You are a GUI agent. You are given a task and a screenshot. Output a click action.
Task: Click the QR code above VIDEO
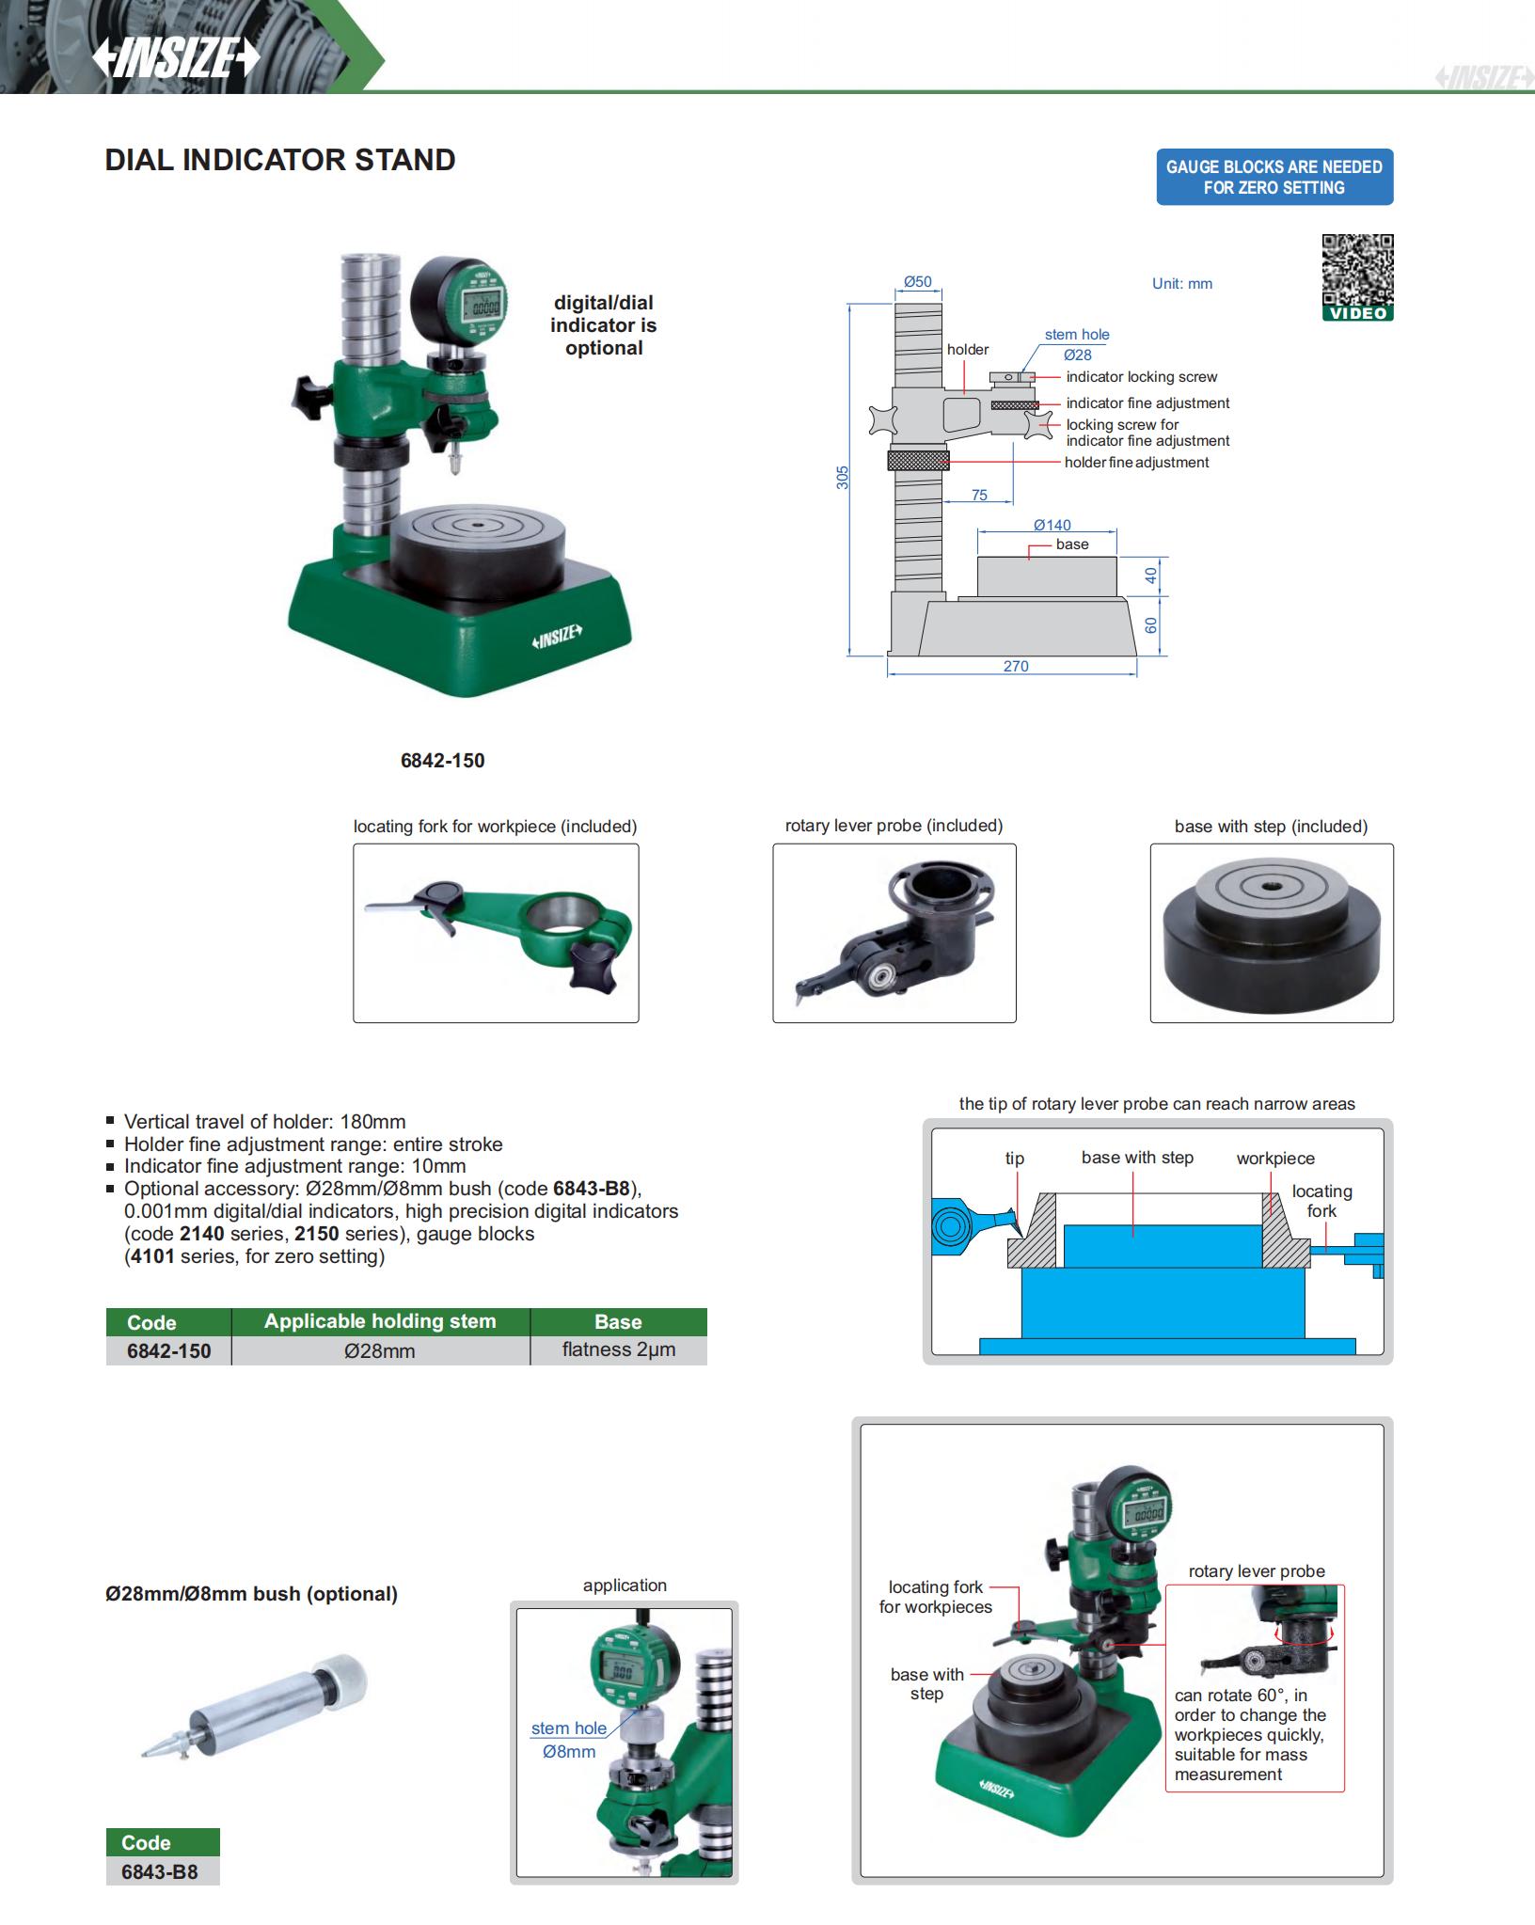pyautogui.click(x=1357, y=269)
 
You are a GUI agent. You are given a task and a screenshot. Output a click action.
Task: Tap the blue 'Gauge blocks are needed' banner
pyautogui.click(x=1274, y=177)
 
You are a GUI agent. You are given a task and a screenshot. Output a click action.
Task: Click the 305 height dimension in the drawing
pyautogui.click(x=843, y=477)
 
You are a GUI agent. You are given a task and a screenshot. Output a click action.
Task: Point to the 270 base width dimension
pyautogui.click(x=1016, y=666)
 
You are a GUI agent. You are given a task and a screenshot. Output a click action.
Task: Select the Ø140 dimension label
pyautogui.click(x=1052, y=525)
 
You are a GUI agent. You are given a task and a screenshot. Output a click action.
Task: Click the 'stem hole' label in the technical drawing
pyautogui.click(x=1077, y=334)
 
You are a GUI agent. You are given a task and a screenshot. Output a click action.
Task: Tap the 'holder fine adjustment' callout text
pyautogui.click(x=1136, y=462)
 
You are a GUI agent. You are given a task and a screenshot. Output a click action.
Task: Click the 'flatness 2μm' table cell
pyautogui.click(x=619, y=1349)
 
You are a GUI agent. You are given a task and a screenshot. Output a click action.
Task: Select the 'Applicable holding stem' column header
pyautogui.click(x=380, y=1321)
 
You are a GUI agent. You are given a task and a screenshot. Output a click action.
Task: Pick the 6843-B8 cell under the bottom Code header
pyautogui.click(x=160, y=1871)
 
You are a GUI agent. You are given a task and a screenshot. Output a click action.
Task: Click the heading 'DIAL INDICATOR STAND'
pyautogui.click(x=280, y=160)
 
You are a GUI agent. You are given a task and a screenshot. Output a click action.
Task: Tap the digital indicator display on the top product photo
pyautogui.click(x=485, y=306)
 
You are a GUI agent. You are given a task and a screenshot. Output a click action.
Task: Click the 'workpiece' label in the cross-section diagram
pyautogui.click(x=1275, y=1159)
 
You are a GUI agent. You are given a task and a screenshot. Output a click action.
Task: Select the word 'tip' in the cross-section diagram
pyautogui.click(x=1014, y=1159)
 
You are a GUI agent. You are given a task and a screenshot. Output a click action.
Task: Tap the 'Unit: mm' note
pyautogui.click(x=1182, y=283)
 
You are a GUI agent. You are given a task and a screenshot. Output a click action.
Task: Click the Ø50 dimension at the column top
pyautogui.click(x=917, y=281)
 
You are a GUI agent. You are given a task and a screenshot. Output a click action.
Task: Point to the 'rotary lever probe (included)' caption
pyautogui.click(x=894, y=826)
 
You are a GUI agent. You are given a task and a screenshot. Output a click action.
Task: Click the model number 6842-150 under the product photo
pyautogui.click(x=442, y=761)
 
